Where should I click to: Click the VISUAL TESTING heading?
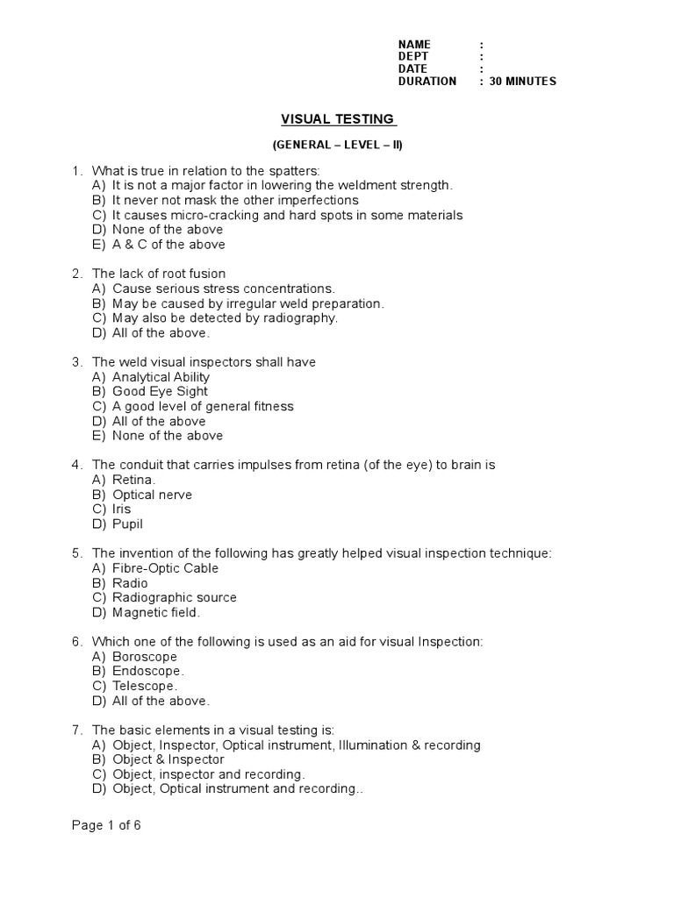click(338, 119)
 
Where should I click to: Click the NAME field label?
click(415, 45)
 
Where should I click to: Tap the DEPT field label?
click(414, 57)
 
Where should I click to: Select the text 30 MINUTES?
click(523, 82)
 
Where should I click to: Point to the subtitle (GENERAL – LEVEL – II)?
click(337, 145)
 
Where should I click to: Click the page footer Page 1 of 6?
click(106, 826)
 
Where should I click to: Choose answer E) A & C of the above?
click(168, 245)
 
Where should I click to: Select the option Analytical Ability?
click(161, 377)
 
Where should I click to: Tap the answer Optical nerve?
click(153, 495)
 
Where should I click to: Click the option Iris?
click(121, 510)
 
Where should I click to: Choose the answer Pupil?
click(127, 524)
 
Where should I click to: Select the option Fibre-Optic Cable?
click(166, 568)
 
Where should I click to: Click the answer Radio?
click(130, 583)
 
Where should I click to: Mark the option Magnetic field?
click(156, 613)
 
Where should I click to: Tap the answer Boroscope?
click(145, 657)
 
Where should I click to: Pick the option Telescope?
click(146, 687)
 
